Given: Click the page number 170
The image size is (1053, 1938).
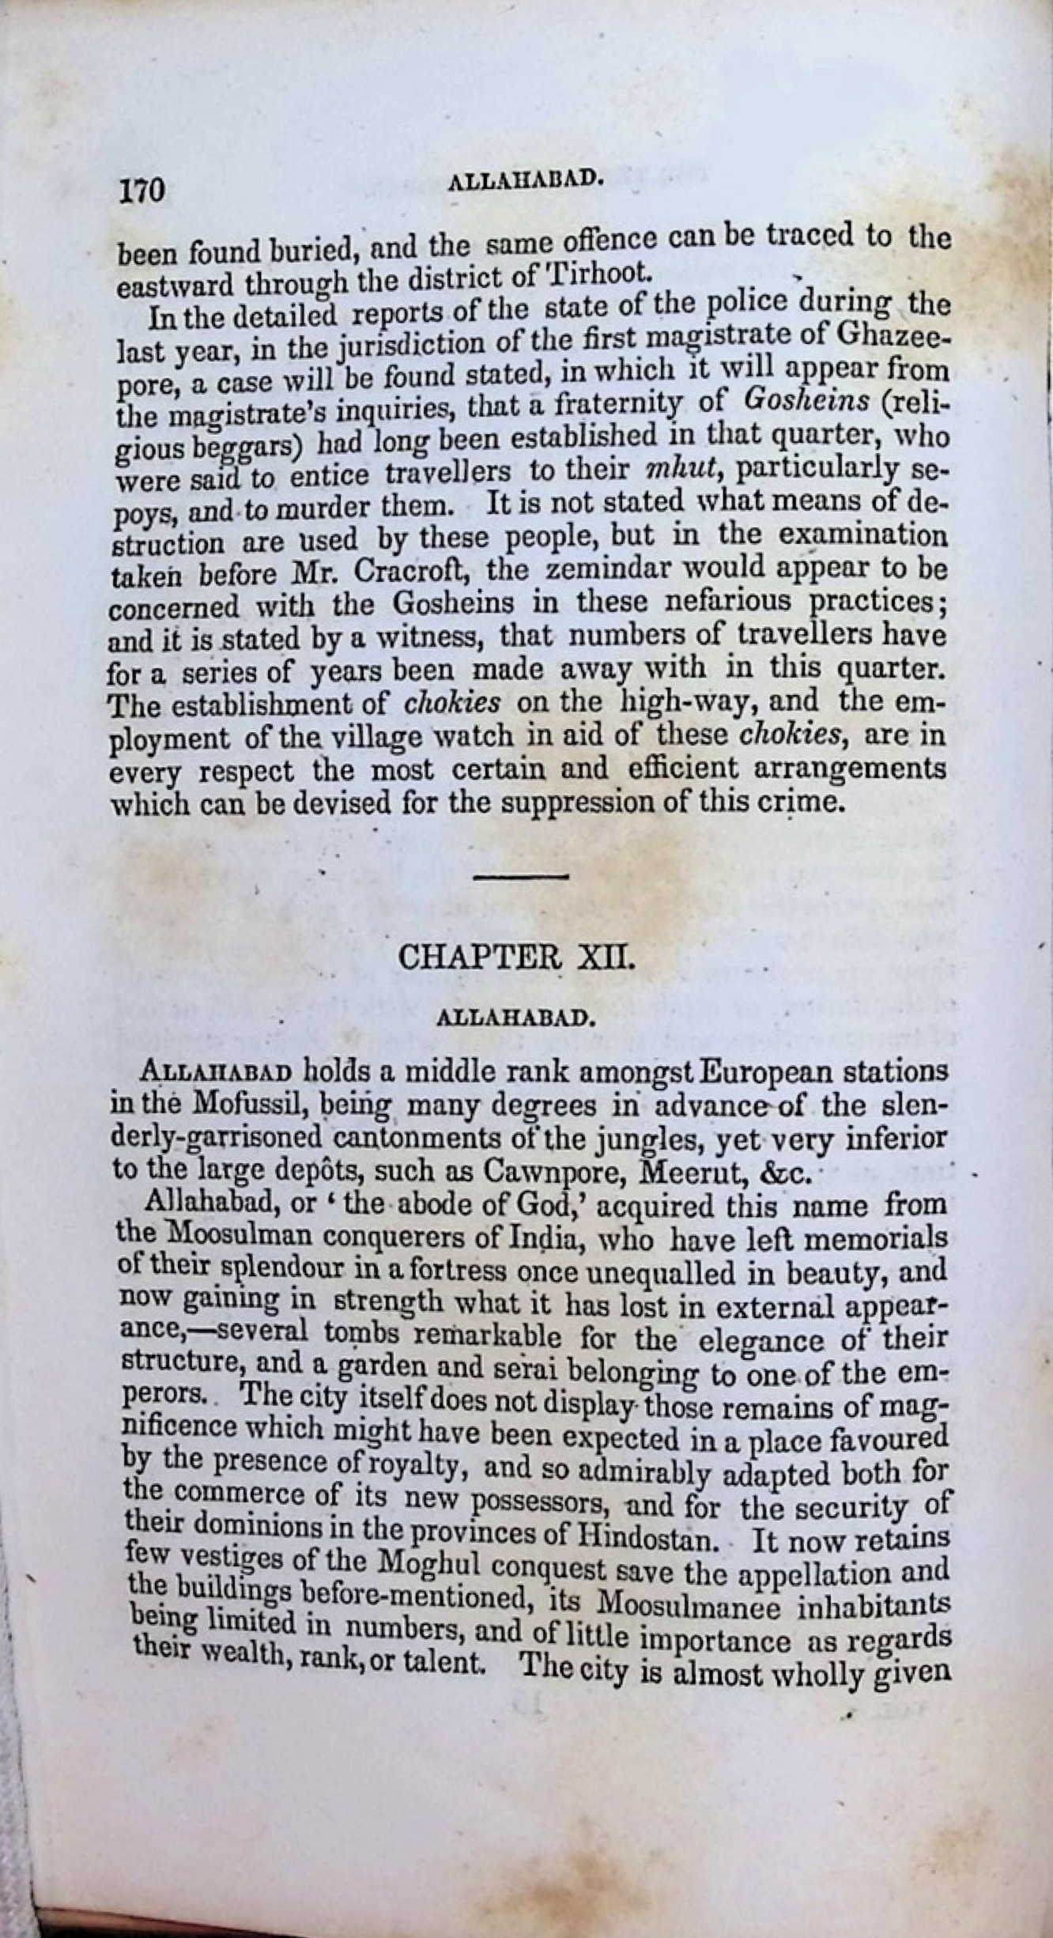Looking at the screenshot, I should click(142, 192).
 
